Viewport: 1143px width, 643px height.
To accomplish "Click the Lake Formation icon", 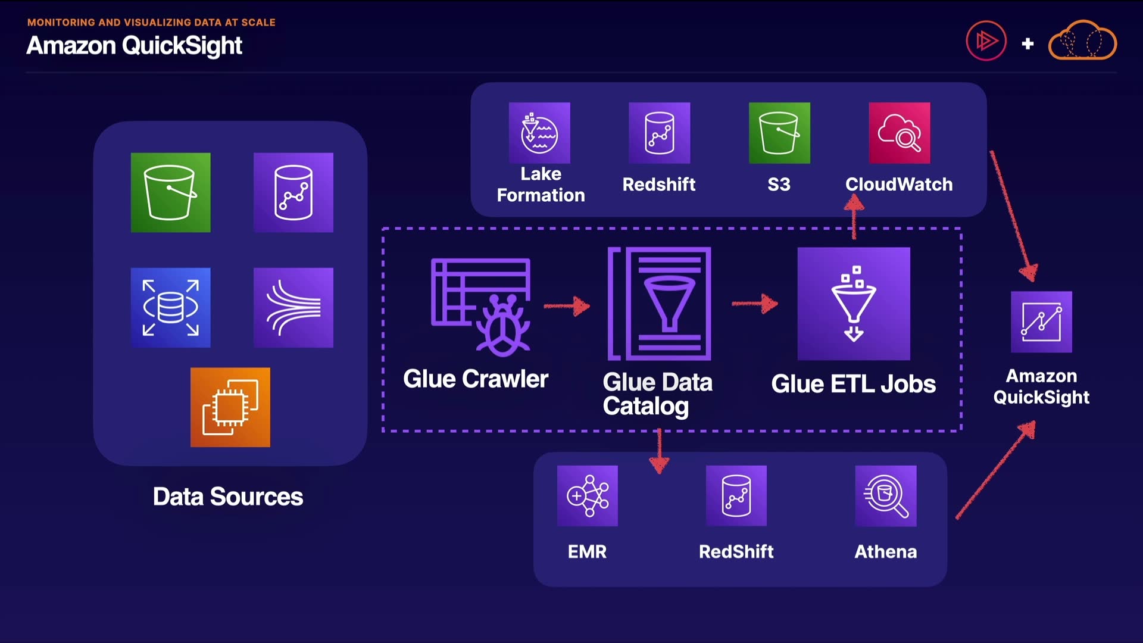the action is pos(539,133).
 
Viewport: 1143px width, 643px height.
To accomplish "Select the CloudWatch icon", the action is pos(900,133).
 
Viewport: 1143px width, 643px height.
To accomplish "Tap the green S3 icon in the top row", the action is pos(779,133).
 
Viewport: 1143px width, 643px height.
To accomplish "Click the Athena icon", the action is pos(886,496).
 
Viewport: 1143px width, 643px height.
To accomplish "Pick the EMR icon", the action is pos(588,496).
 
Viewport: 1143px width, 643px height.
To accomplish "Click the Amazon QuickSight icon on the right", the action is pos(1041,322).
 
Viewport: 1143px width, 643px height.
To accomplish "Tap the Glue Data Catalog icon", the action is pos(659,304).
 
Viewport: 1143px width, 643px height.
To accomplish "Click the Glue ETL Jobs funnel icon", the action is pos(854,304).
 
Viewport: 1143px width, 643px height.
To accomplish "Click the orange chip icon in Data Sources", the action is pos(230,407).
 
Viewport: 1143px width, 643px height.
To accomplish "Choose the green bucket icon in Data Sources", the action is pos(171,192).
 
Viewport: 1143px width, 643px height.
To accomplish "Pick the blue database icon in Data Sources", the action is pos(171,307).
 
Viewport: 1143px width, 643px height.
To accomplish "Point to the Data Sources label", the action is pos(228,497).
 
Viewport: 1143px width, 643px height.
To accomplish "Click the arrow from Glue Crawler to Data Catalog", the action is pos(567,306).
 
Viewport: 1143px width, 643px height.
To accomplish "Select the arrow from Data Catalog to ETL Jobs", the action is pos(755,304).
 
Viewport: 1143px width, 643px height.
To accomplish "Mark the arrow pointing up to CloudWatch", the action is pos(854,218).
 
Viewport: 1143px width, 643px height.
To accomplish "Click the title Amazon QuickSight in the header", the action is pos(135,46).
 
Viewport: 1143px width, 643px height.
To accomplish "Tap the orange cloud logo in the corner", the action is pos(1082,40).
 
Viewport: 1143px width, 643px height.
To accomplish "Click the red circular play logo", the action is pos(986,40).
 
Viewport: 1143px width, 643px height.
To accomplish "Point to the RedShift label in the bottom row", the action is pos(736,552).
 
